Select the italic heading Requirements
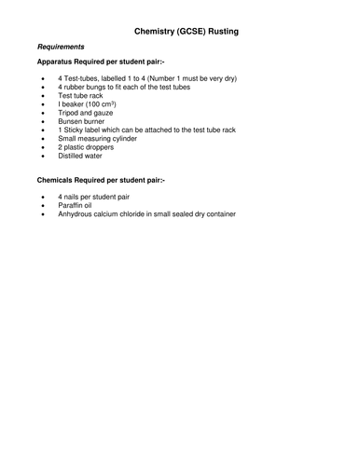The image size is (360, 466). [61, 47]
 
